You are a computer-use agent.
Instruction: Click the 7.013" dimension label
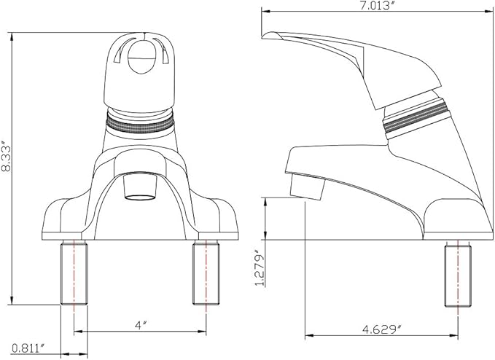point(378,6)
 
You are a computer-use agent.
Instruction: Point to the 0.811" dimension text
point(28,348)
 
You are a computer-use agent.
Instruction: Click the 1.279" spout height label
point(260,268)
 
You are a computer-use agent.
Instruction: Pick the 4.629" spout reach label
point(383,329)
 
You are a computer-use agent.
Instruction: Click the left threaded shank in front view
point(74,272)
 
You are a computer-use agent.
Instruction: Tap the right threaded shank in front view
point(206,272)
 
